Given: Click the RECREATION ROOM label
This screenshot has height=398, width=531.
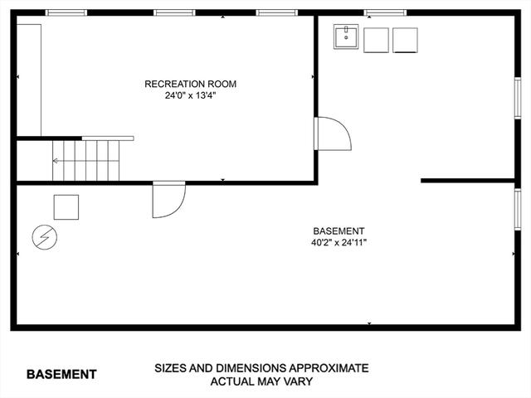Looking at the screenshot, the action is tap(190, 84).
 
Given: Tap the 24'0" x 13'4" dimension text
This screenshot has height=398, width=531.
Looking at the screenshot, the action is tap(190, 96).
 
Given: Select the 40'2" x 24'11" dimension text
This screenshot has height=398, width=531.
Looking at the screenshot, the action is tap(339, 243).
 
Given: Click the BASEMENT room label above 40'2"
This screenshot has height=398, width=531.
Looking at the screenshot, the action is tap(339, 231).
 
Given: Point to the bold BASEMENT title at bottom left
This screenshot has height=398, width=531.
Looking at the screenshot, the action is tap(61, 374).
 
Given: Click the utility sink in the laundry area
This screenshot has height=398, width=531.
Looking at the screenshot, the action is tap(346, 36).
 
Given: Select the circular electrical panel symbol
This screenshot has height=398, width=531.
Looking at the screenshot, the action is tap(44, 237).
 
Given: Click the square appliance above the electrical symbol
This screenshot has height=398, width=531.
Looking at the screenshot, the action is tap(66, 207).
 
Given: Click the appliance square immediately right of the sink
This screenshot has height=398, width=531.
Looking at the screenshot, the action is tap(376, 41).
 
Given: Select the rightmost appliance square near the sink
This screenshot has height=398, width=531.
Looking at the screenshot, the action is tap(405, 41).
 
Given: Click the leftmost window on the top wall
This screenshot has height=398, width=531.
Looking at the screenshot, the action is tap(66, 13).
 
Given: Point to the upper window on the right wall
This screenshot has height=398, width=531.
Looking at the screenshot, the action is tap(518, 98).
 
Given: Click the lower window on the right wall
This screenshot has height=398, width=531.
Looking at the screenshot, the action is tap(518, 210).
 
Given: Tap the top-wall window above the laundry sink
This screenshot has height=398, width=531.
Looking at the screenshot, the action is tap(385, 13).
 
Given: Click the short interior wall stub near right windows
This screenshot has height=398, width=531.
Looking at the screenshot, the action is tap(468, 181).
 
